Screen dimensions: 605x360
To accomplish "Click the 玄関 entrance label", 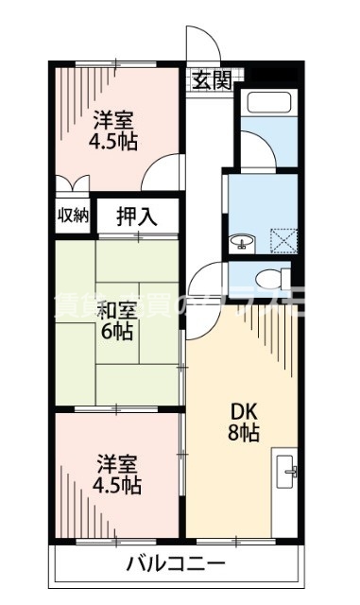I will [x=211, y=79].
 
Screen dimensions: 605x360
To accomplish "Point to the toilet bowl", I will [x=270, y=278].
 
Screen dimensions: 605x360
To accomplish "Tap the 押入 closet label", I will [x=137, y=216].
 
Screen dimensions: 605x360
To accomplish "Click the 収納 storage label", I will [x=73, y=215].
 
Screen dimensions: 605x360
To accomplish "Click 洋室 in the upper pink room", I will [x=114, y=119].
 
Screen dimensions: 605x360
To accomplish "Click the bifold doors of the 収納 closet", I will [x=74, y=185].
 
